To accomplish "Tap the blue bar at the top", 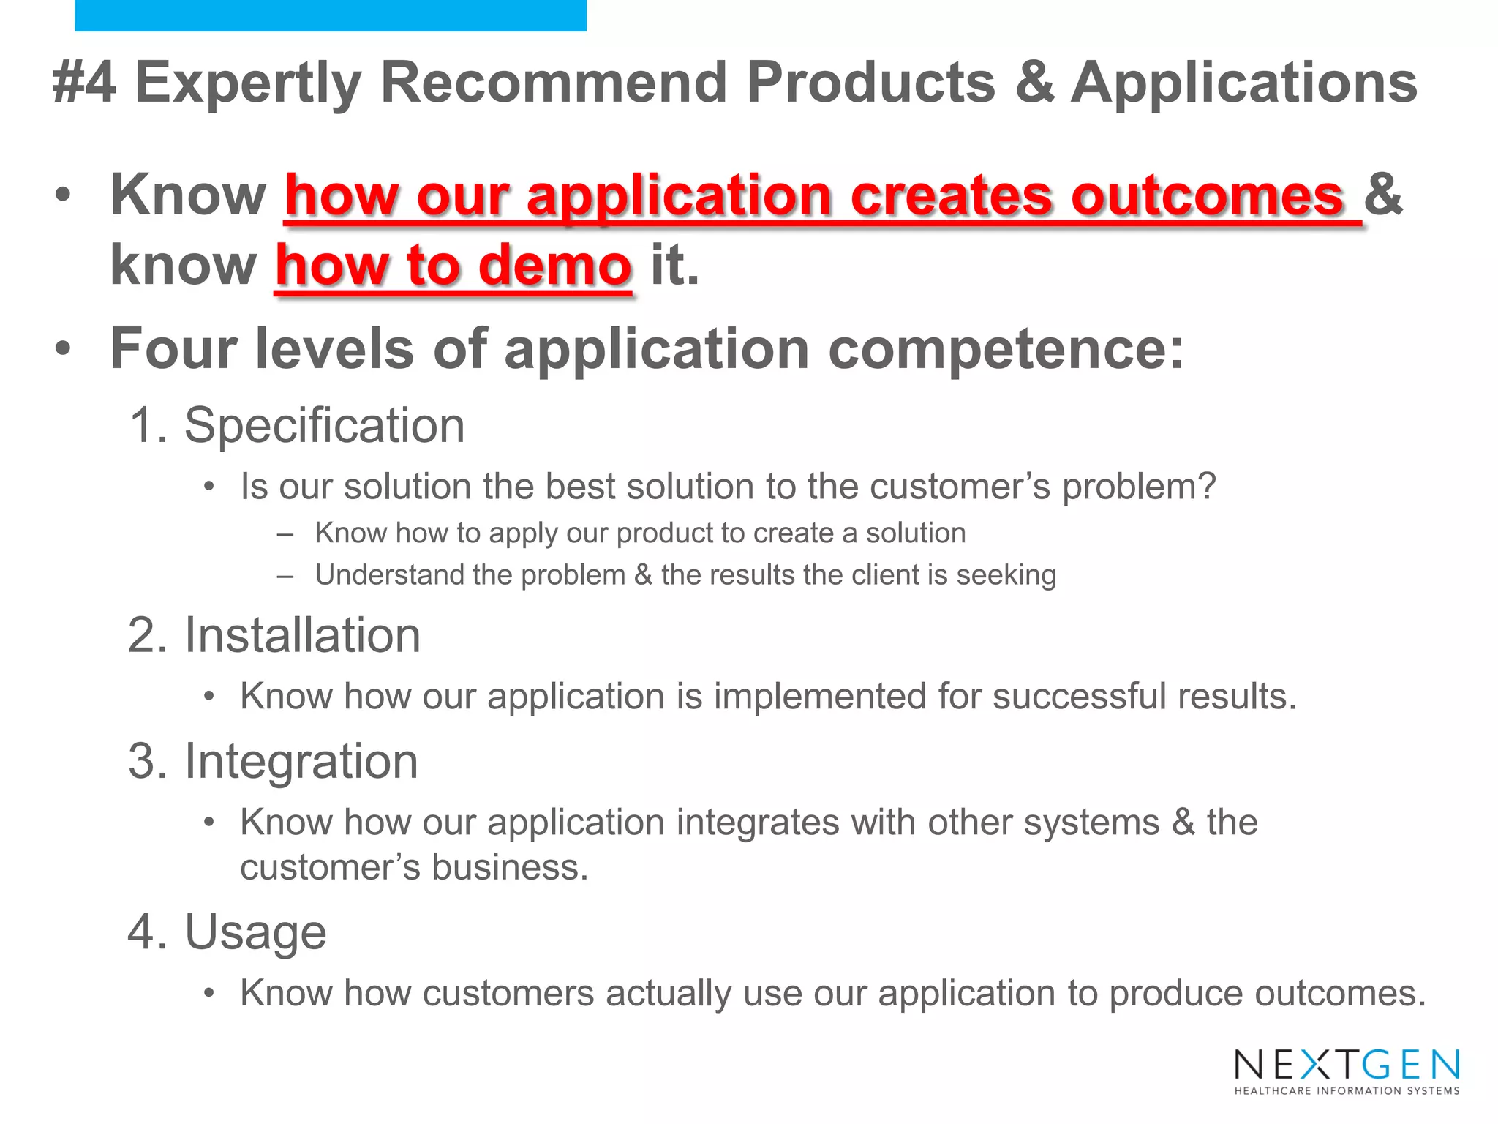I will (330, 15).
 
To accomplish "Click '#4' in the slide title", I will (84, 82).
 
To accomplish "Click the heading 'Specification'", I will (324, 425).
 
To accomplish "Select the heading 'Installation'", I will (302, 635).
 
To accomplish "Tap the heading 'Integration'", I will (301, 762).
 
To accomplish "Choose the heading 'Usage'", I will (255, 932).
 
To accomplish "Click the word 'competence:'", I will (1006, 348).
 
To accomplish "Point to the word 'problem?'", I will (1139, 487).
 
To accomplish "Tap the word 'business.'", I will (510, 868).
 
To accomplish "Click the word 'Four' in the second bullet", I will (173, 348).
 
